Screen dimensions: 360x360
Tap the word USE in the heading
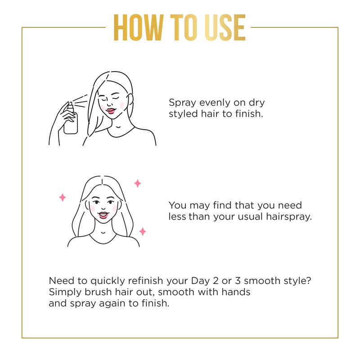pyautogui.click(x=220, y=28)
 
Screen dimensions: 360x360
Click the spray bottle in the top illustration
pyautogui.click(x=71, y=120)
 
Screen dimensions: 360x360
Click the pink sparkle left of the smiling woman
pyautogui.click(x=63, y=197)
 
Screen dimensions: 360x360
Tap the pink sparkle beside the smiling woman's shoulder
pyautogui.click(x=142, y=231)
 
